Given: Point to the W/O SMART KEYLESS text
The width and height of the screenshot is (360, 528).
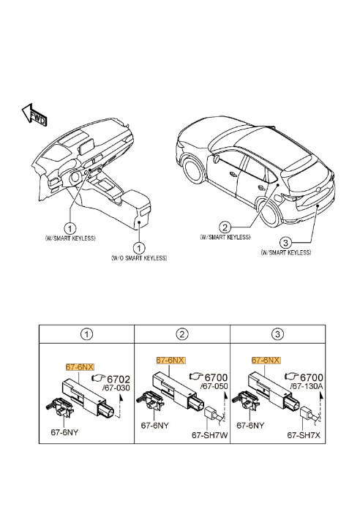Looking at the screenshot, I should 139,258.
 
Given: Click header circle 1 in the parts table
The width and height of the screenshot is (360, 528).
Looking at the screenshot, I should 86,335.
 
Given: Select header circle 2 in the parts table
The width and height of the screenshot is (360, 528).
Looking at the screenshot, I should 181,335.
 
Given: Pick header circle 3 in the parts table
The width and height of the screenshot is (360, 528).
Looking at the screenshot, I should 276,335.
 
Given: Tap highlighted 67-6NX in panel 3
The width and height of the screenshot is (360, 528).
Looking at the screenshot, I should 266,361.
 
